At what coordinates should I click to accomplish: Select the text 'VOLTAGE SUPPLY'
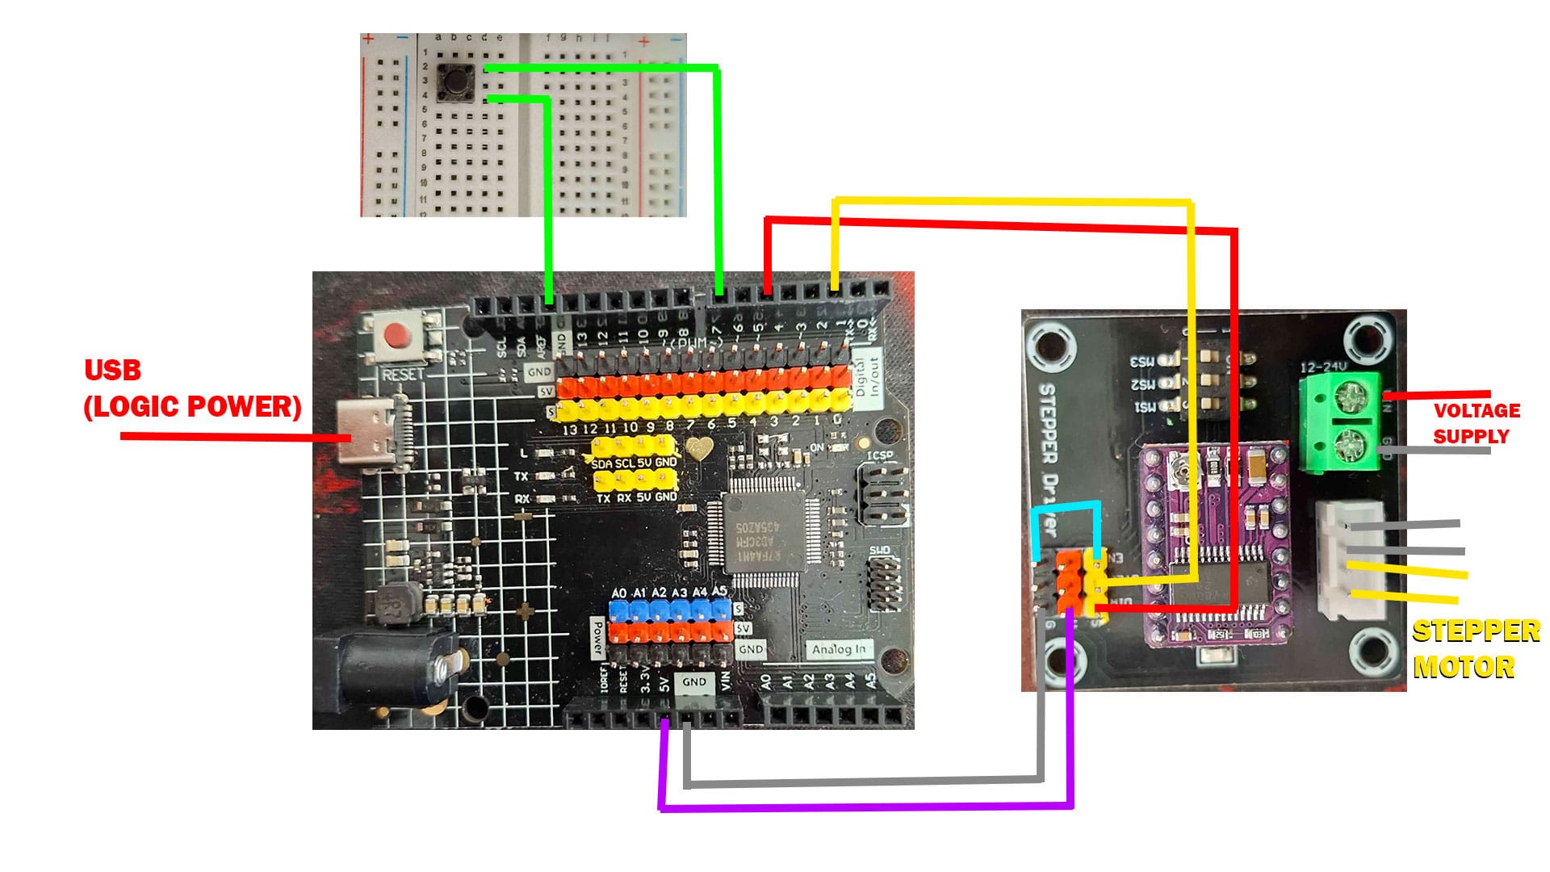click(1477, 423)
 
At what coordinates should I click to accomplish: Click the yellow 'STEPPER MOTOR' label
click(1476, 649)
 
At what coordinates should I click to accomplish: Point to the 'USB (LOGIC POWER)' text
click(192, 389)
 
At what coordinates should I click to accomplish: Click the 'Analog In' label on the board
click(838, 649)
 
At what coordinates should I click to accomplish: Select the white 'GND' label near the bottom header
click(694, 682)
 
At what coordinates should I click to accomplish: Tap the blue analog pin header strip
click(669, 610)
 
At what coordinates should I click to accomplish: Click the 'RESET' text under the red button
click(403, 375)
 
